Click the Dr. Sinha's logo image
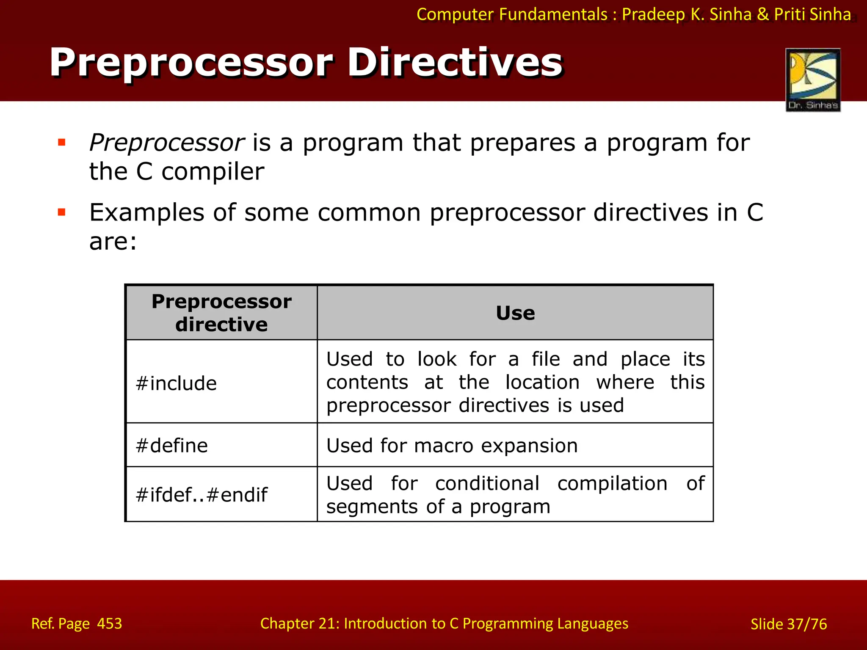coord(813,80)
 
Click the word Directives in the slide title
coord(455,63)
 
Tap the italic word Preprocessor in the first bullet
coord(167,143)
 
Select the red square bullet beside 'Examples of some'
coord(62,212)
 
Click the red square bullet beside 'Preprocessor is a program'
coord(62,142)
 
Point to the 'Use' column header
coord(515,313)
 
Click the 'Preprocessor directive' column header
coord(221,313)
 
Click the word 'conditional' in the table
coord(487,483)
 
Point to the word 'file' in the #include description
coord(546,359)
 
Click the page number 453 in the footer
coord(110,623)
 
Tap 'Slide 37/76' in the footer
coord(788,624)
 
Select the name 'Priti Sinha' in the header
coord(812,14)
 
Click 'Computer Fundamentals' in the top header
coord(512,14)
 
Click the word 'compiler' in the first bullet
coord(213,172)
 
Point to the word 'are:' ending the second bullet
coord(113,242)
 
